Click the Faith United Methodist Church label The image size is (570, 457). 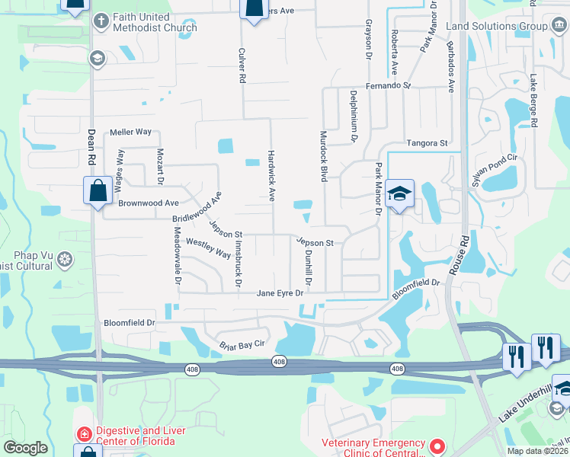[154, 22]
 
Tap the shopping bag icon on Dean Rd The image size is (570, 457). [98, 190]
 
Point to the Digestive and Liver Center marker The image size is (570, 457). [84, 433]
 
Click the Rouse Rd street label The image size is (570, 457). [458, 260]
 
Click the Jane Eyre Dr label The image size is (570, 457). [280, 293]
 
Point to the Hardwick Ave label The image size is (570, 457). [271, 175]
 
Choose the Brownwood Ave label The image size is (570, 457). [148, 203]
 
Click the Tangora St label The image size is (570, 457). [427, 142]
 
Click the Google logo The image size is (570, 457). [25, 448]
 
